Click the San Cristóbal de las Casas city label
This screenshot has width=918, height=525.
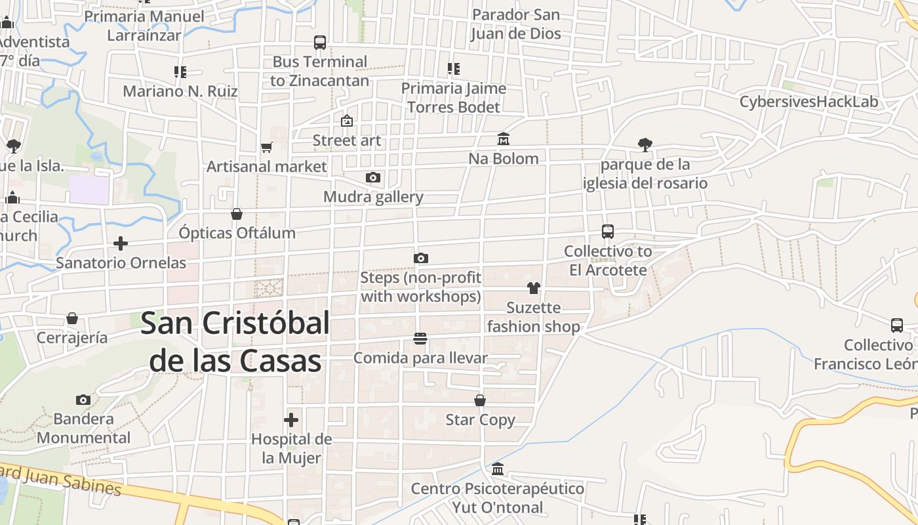click(235, 341)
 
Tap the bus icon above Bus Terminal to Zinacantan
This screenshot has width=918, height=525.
click(320, 43)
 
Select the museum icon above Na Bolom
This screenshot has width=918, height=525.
click(504, 139)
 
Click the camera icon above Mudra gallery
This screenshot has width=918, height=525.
click(373, 177)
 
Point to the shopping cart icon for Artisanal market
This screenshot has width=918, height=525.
click(266, 147)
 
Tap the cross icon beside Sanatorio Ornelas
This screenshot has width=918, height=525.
click(121, 243)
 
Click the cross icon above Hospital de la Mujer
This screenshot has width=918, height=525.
click(291, 419)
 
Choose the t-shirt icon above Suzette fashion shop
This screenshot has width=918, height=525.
click(534, 287)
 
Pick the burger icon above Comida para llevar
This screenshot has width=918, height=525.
click(420, 339)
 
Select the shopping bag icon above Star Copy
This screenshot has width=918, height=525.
click(480, 400)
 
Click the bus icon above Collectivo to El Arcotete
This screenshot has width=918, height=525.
click(608, 232)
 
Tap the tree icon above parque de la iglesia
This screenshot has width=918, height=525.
click(645, 145)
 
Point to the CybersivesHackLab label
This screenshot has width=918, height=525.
click(808, 102)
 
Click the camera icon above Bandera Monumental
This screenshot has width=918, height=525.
click(83, 400)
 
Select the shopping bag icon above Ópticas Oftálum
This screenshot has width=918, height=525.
click(237, 214)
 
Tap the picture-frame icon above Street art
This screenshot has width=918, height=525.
click(346, 121)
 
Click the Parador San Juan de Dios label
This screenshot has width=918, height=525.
click(516, 24)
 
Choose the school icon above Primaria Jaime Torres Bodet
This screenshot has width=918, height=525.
click(453, 69)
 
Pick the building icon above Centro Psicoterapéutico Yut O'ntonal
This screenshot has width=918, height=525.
click(498, 469)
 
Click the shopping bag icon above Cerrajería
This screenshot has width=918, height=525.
click(72, 319)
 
